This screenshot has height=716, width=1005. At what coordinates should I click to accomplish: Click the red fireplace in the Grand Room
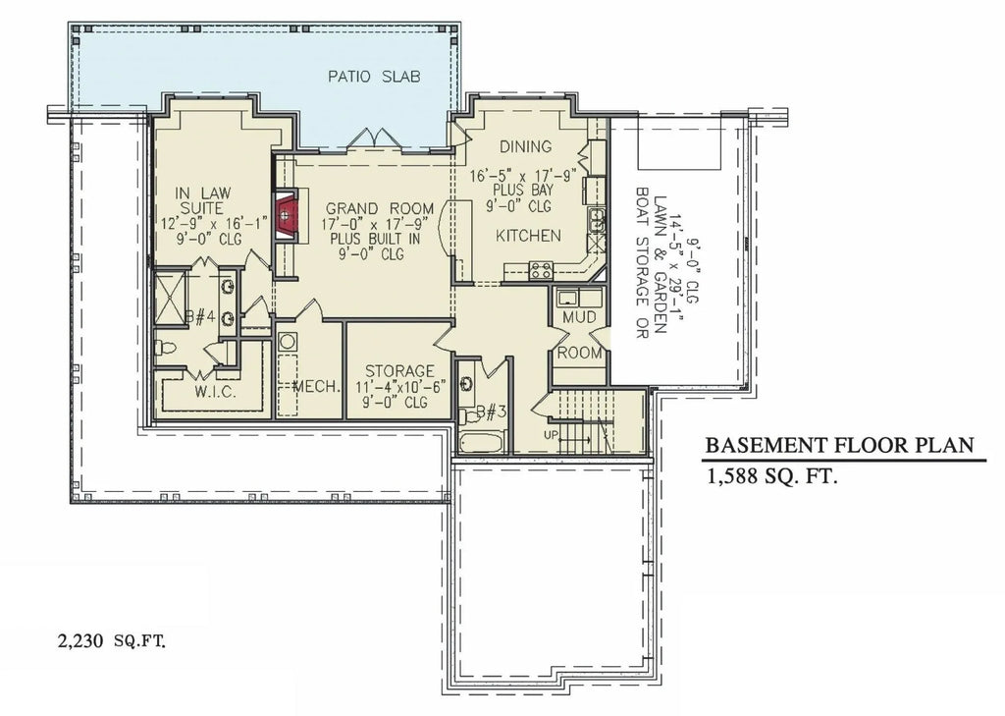[286, 213]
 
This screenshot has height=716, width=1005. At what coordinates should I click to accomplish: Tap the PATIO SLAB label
[375, 77]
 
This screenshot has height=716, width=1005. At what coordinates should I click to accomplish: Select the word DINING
[525, 146]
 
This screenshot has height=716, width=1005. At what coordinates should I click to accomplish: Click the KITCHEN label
[528, 236]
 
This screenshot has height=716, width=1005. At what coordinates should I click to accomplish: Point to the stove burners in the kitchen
[541, 269]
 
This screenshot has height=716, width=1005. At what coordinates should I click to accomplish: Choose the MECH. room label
[316, 385]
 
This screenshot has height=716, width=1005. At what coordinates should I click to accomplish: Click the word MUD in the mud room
[578, 317]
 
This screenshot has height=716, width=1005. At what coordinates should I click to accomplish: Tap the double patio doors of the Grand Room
[374, 140]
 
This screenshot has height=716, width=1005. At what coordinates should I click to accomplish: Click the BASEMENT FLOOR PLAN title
[840, 445]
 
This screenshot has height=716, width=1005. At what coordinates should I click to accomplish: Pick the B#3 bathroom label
[490, 412]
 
